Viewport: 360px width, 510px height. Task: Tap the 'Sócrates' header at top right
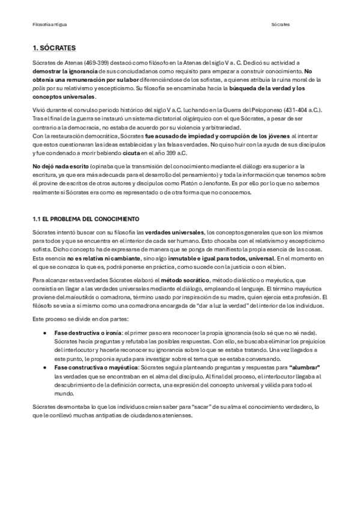coord(280,25)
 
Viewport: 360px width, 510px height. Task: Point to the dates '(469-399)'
coord(94,63)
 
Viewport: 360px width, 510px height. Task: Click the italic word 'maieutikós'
coord(85,297)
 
